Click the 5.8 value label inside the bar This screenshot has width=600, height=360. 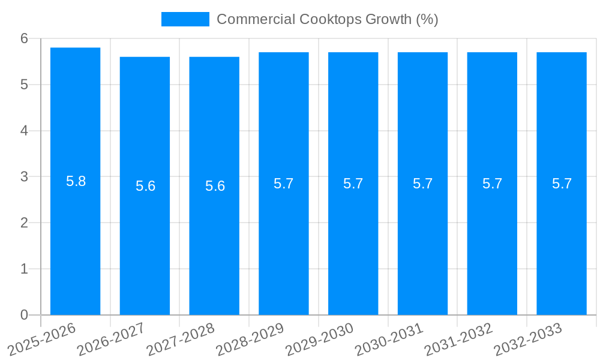76,181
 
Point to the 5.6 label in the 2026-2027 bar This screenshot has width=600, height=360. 145,186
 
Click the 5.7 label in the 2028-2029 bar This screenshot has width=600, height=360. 284,184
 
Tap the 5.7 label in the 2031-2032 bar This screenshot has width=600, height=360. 492,184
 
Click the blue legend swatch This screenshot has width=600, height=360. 185,19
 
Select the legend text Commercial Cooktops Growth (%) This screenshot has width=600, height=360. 327,19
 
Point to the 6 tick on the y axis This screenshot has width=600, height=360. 24,38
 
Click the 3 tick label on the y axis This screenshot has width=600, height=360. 24,177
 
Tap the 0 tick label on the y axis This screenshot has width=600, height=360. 24,315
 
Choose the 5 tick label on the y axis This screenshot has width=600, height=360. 24,85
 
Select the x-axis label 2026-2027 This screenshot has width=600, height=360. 112,339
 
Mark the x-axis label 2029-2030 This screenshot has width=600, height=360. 320,339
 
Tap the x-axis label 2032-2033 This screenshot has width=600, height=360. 529,339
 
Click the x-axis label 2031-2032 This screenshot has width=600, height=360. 459,339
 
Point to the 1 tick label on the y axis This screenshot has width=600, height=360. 24,269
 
